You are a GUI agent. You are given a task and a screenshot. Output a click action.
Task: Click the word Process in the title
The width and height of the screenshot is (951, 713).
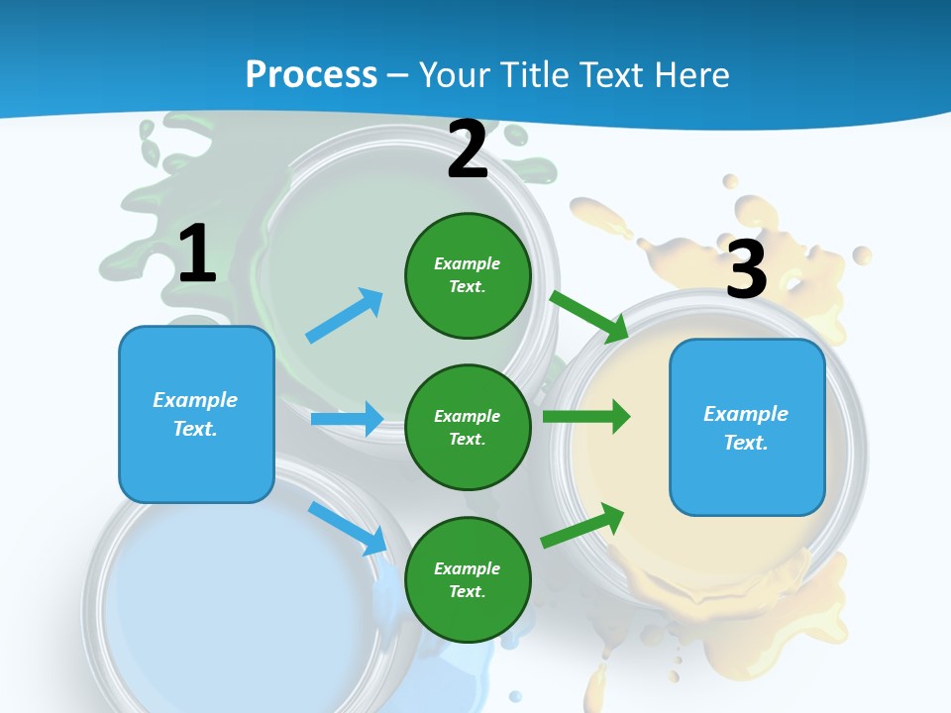311,74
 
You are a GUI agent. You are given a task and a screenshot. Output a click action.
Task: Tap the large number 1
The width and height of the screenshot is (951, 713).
197,255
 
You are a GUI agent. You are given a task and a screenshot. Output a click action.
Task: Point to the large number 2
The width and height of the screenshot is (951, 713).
468,151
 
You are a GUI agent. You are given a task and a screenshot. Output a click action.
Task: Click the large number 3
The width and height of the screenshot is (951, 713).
746,269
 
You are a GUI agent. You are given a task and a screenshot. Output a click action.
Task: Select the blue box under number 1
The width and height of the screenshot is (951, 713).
196,414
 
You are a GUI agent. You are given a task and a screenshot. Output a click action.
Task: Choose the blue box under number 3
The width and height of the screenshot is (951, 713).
747,427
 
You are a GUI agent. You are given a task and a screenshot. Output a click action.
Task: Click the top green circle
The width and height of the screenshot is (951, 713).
468,275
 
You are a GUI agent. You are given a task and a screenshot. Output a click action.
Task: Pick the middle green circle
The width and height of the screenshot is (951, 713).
468,427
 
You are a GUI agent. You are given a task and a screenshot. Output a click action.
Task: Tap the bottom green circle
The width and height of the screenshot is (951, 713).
468,579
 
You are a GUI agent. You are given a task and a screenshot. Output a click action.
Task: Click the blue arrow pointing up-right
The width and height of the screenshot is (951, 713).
345,315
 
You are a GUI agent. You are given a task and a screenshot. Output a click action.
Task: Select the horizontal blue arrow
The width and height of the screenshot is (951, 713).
347,419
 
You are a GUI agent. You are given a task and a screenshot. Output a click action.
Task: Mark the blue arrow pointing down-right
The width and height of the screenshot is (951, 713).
348,527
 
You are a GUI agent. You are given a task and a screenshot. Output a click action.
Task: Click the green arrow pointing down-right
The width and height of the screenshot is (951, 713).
589,316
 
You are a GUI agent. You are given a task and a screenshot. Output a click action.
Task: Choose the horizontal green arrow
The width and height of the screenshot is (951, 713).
586,417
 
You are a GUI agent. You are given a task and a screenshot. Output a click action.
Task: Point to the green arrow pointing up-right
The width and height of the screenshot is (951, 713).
583,525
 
